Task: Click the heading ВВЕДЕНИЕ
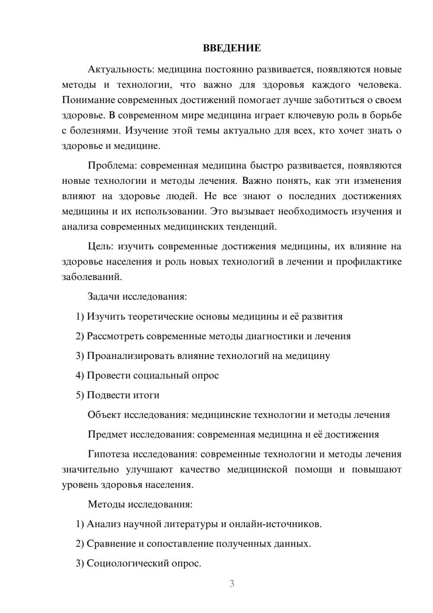point(232,48)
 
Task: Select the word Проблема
point(112,166)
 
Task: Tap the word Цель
point(100,246)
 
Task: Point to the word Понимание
point(88,100)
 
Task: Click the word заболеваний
point(92,277)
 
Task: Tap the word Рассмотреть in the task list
point(115,336)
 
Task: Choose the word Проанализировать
point(130,356)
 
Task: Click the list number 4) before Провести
point(80,375)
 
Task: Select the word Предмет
point(107,434)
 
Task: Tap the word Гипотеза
point(109,454)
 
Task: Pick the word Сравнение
point(111,544)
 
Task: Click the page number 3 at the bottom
point(232,584)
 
